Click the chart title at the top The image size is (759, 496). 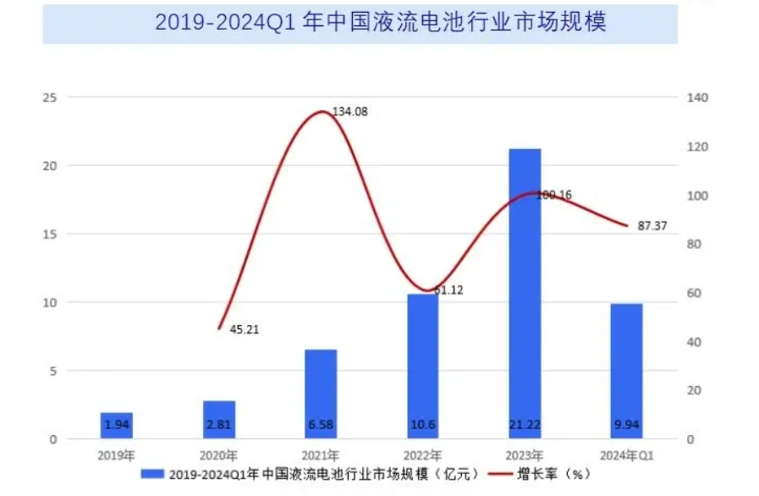(380, 22)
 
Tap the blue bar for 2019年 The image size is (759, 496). (117, 425)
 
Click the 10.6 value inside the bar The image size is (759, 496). (422, 422)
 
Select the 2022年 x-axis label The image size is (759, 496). (422, 455)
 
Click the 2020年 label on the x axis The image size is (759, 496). (218, 455)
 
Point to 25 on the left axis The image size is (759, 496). (50, 97)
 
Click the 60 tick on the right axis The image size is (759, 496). (696, 294)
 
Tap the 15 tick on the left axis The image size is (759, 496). (50, 234)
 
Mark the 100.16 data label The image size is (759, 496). (554, 195)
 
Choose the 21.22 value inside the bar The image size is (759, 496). (525, 422)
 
